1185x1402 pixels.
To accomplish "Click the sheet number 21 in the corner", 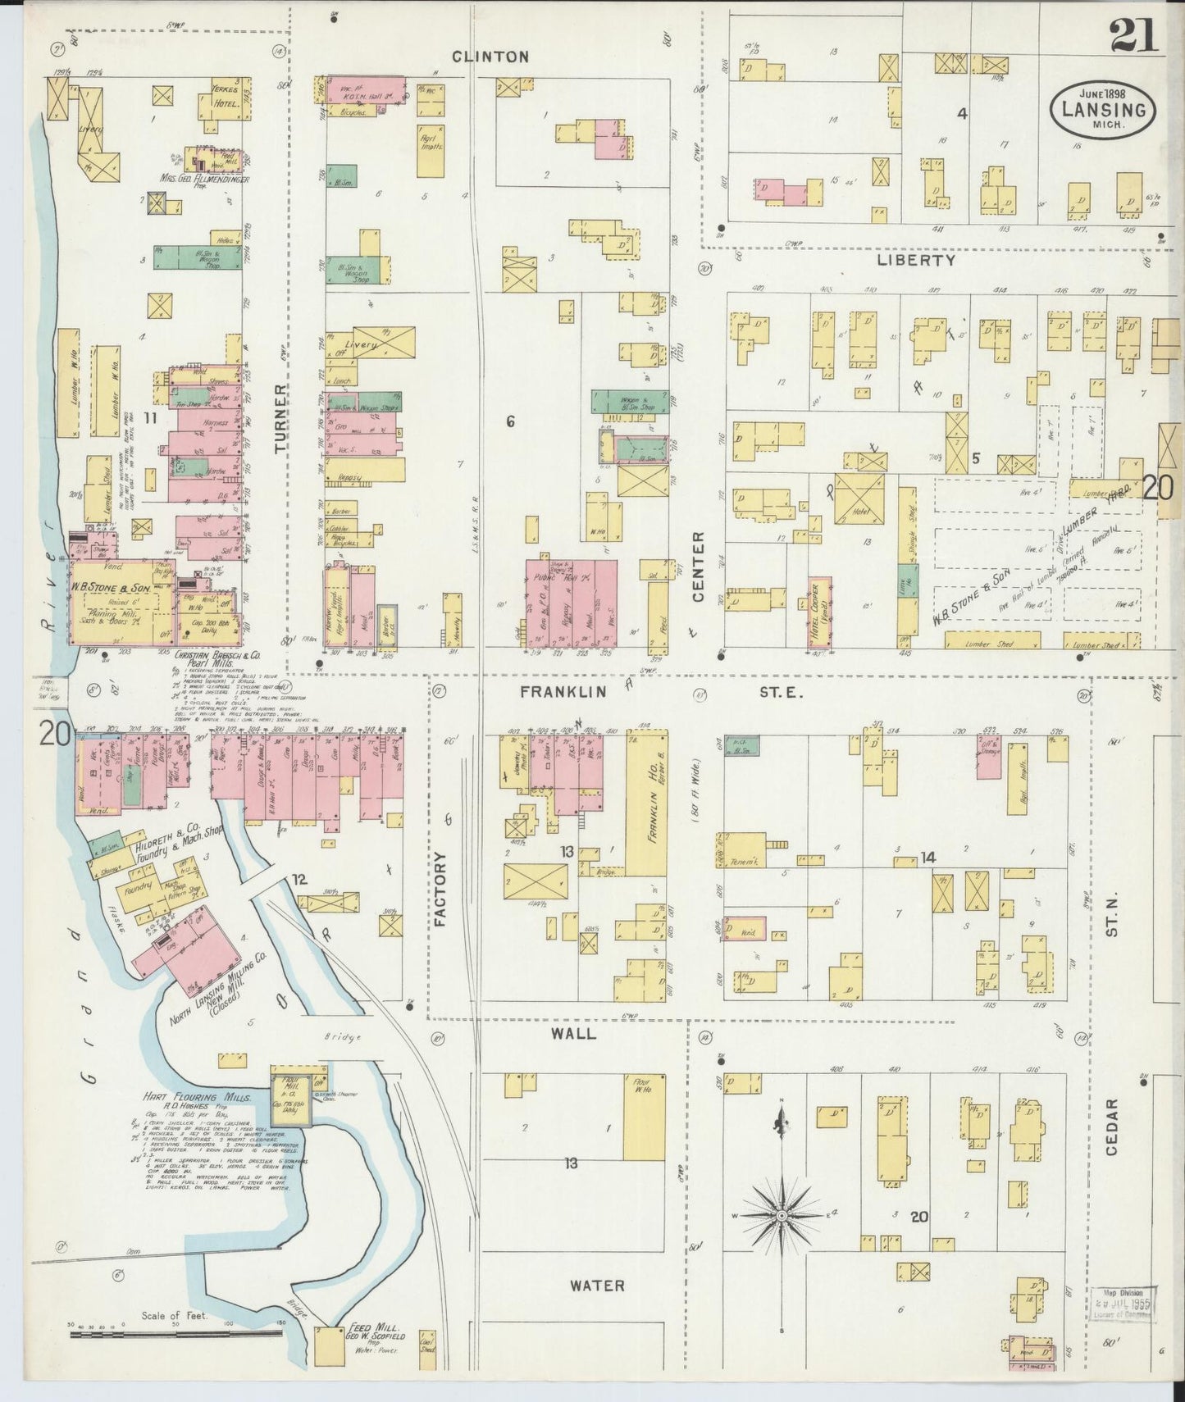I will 1135,34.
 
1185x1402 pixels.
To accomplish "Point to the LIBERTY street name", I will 916,260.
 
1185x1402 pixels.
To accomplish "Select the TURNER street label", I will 281,418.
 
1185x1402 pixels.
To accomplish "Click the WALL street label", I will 573,1034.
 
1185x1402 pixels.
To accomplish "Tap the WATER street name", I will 597,1286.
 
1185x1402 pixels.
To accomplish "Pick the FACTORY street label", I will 440,890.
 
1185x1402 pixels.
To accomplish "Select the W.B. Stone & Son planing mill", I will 120,603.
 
